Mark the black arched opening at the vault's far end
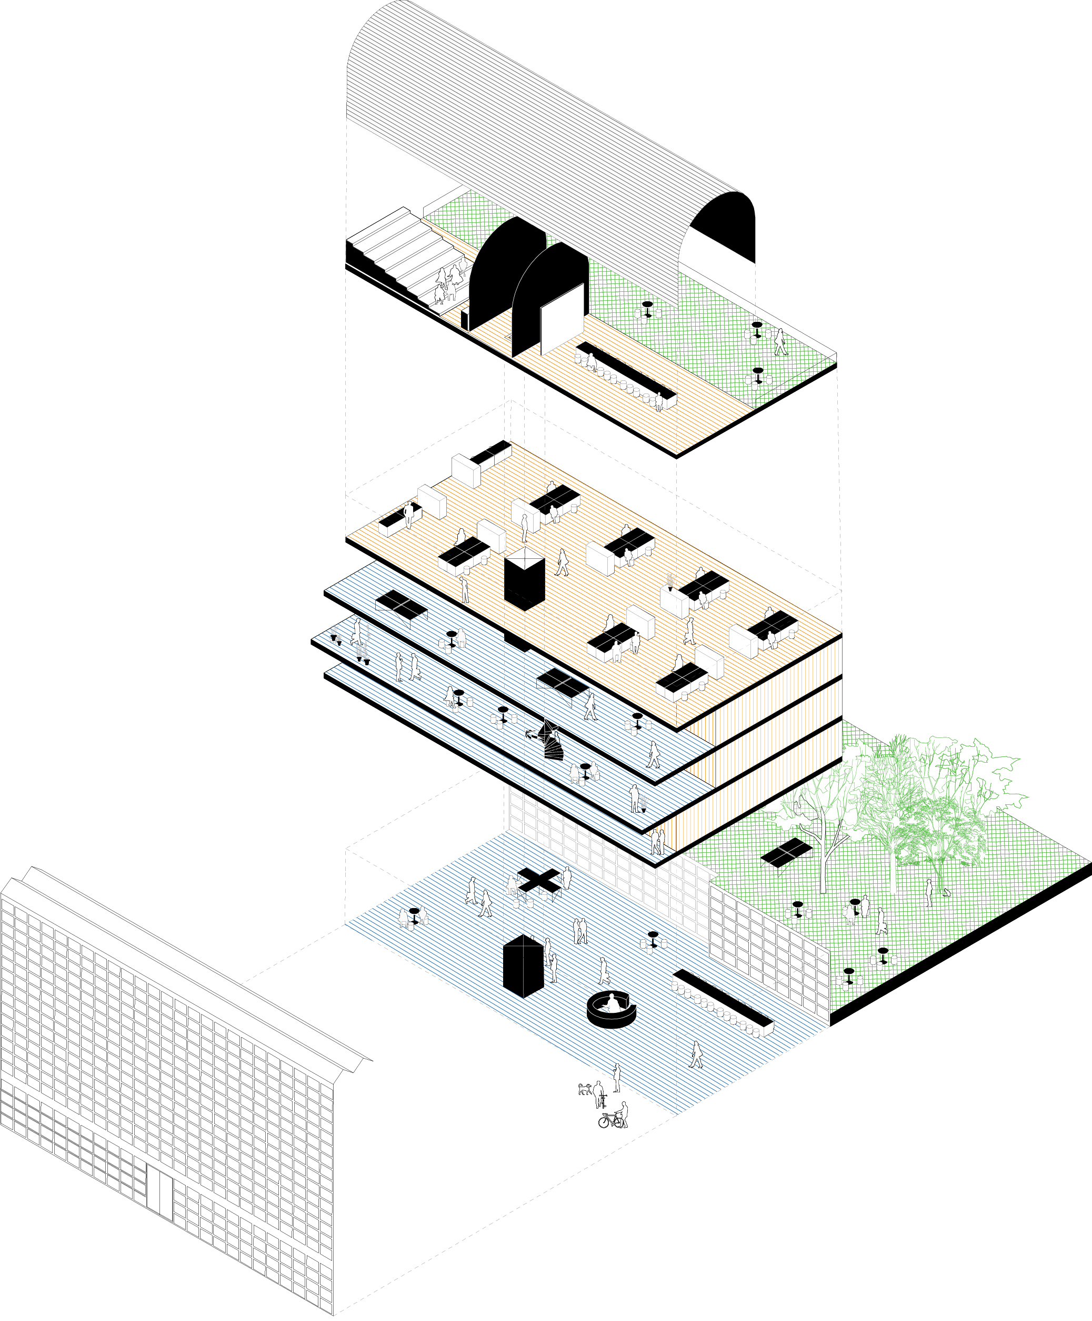pos(724,226)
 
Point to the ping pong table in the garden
pos(786,852)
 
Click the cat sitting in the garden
pos(946,891)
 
